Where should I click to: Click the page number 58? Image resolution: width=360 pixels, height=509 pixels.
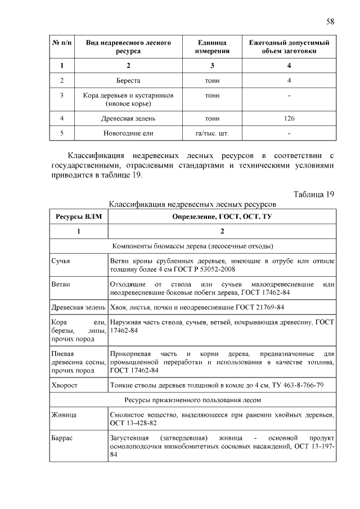[330, 21]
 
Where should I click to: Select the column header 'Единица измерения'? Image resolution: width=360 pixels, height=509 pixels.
[212, 47]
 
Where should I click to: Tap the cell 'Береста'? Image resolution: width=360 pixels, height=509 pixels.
[128, 80]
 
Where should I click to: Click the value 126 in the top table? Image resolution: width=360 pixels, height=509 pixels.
[289, 118]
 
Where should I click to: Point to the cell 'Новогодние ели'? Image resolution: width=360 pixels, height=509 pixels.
[128, 133]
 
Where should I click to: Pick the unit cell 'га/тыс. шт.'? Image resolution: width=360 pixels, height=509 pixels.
[212, 133]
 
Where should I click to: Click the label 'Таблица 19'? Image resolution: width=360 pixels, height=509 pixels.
[314, 194]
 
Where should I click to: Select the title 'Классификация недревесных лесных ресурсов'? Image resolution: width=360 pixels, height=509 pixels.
[192, 203]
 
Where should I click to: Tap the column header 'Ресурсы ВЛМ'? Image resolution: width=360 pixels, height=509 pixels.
[78, 216]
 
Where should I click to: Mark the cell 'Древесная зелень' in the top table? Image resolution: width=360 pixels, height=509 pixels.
[128, 118]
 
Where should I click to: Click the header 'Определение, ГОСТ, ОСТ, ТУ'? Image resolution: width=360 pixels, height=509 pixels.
[222, 216]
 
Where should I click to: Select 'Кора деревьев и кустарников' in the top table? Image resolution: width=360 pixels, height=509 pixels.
[128, 96]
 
